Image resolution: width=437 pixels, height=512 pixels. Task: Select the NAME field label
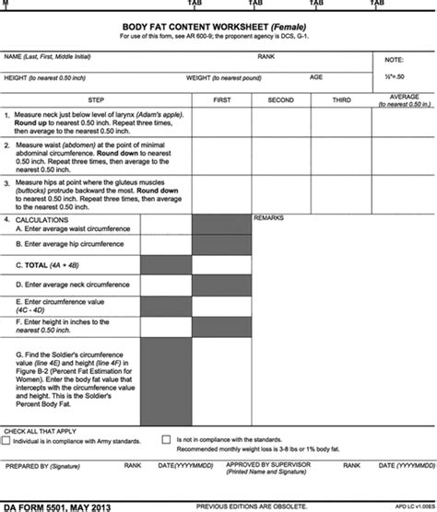click(x=13, y=57)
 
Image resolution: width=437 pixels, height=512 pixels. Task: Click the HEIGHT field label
click(x=18, y=77)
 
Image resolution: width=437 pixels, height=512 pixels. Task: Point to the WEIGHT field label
click(x=201, y=77)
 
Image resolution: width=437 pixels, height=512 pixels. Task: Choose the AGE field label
click(x=315, y=76)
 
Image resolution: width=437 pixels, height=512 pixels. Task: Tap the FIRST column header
click(x=221, y=98)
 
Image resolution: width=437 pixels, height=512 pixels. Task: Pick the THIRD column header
click(x=341, y=98)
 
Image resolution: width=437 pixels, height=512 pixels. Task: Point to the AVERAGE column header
click(x=404, y=95)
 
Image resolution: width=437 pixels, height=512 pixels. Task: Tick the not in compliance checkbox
click(x=166, y=441)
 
